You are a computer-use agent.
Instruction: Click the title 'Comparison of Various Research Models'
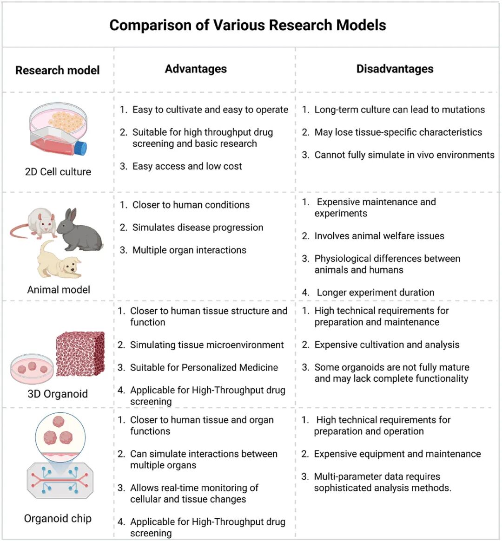(247, 25)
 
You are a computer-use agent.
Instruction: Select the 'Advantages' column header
(196, 69)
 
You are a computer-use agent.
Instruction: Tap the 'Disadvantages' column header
(395, 69)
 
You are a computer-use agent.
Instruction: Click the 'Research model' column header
(57, 70)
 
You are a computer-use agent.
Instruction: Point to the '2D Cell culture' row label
(58, 172)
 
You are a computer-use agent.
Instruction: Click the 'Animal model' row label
(59, 290)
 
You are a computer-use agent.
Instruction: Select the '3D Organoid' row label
(58, 394)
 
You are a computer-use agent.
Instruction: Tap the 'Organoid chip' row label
(58, 518)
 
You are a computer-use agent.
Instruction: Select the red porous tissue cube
(79, 353)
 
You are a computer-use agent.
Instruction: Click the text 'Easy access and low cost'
(187, 166)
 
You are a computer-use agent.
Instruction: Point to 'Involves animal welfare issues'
(379, 236)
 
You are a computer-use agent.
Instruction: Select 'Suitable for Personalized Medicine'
(204, 367)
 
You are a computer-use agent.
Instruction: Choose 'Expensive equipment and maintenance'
(397, 454)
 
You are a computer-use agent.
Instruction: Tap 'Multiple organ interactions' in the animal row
(189, 250)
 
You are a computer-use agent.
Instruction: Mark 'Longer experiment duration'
(375, 293)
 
